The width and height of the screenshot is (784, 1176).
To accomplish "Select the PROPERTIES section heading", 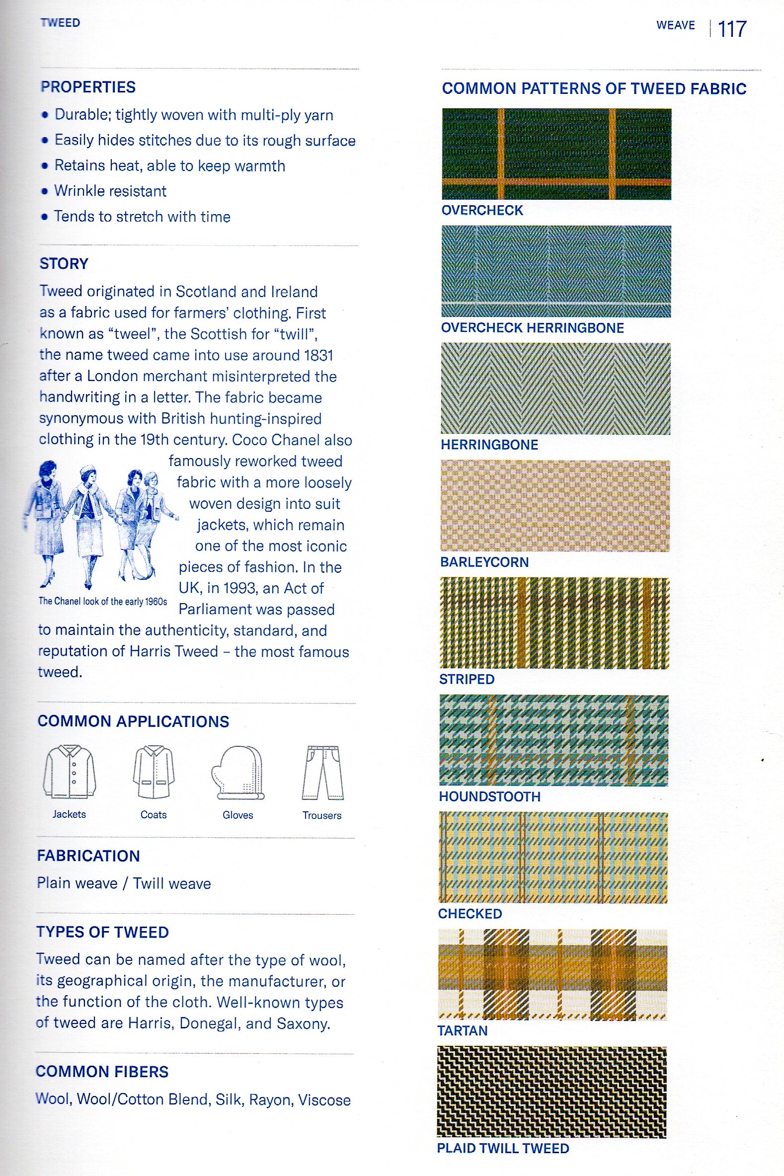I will coord(88,87).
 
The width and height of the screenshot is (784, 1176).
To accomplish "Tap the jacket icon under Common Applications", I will coord(69,772).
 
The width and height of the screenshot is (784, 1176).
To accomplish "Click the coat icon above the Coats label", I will coord(154,772).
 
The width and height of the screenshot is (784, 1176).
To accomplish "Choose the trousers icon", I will coord(322,773).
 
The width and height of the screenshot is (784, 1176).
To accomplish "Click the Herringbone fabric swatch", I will coord(555,388).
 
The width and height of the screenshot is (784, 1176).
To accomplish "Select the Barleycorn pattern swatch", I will coord(555,505).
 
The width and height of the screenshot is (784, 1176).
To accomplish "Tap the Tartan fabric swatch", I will coord(552,974).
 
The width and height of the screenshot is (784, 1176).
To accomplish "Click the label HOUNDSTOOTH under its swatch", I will coord(489,796).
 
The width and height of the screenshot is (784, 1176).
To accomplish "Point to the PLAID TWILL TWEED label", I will coord(503,1148).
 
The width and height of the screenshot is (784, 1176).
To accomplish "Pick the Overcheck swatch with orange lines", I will coord(556,154).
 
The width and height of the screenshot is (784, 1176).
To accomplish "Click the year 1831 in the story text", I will coord(318,355).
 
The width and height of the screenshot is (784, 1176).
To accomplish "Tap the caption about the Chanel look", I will coord(102,602).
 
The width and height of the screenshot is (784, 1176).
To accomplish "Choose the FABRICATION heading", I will coord(88,856).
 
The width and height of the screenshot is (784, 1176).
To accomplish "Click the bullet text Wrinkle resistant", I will coord(110,191).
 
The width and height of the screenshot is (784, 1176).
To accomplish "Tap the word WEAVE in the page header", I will coord(676,25).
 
